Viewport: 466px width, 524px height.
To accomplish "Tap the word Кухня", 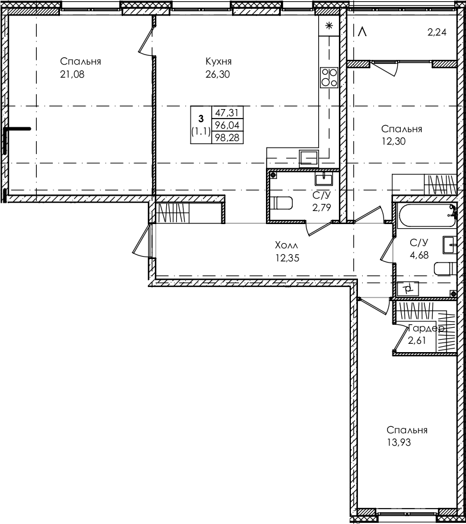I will click(x=218, y=62).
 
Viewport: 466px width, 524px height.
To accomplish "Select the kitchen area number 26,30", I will click(x=217, y=74).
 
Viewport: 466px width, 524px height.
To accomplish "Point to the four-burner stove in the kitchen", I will click(x=329, y=76).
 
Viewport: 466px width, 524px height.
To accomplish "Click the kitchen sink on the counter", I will click(x=309, y=158).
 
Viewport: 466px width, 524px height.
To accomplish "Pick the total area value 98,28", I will click(x=224, y=138).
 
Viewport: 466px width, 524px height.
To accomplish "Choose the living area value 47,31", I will click(x=224, y=112).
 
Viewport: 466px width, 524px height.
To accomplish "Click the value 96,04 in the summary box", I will click(x=224, y=125).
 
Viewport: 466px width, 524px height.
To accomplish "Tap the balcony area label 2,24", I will click(x=436, y=34).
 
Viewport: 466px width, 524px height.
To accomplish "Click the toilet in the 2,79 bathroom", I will click(x=282, y=203).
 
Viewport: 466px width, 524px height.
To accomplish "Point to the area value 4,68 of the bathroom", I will click(x=419, y=255).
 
